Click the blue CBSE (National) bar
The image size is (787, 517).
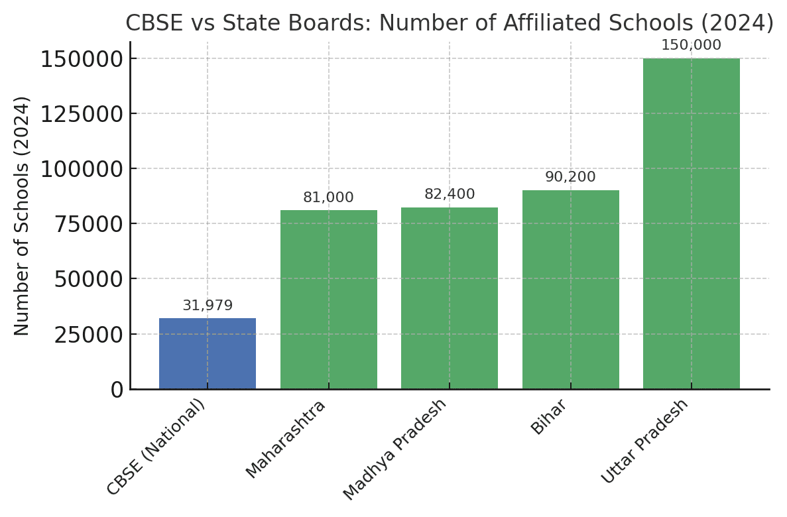208,353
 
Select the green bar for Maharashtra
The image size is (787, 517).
328,300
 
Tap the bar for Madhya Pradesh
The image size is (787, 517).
450,298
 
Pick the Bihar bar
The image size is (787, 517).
570,290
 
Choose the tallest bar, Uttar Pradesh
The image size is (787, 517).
691,223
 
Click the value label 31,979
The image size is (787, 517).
208,306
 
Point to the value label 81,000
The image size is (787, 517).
328,198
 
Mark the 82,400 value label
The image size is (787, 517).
450,194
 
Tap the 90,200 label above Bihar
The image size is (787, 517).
570,177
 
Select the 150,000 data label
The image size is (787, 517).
691,45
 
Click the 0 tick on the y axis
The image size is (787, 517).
117,390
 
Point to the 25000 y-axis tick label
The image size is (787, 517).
88,335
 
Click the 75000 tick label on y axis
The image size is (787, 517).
88,224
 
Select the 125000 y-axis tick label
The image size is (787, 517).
82,114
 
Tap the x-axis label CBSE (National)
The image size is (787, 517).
157,447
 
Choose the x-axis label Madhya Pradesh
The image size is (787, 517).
396,449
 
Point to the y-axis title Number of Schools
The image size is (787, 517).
22,215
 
